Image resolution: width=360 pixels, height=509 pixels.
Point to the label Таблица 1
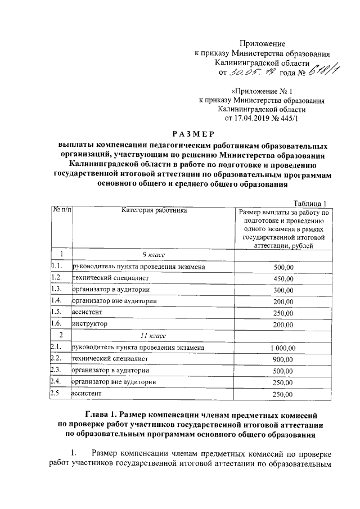coord(310,203)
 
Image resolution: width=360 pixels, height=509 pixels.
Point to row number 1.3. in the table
coord(56,290)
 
